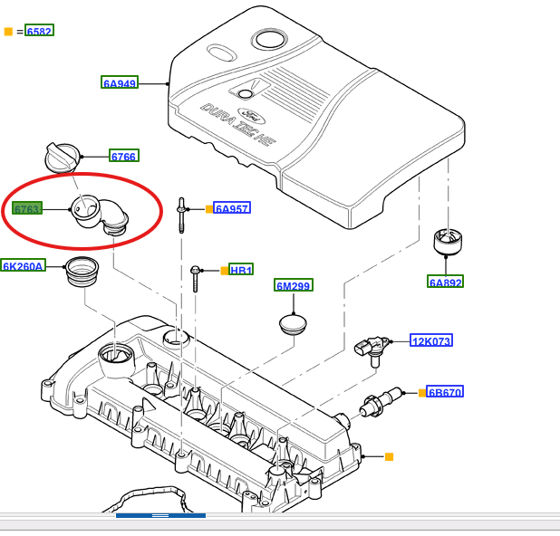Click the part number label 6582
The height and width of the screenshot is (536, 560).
[x=40, y=31]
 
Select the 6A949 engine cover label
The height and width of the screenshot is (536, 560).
[x=119, y=83]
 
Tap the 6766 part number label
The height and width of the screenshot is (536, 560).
[x=123, y=157]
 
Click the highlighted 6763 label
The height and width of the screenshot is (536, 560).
[x=28, y=209]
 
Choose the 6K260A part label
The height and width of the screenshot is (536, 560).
[x=23, y=266]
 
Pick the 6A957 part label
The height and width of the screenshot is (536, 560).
[x=232, y=208]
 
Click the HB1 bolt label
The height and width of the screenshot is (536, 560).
[x=241, y=270]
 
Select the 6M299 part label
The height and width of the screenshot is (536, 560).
[x=294, y=286]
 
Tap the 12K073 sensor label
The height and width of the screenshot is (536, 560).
[x=431, y=340]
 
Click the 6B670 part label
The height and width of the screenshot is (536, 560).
[x=445, y=392]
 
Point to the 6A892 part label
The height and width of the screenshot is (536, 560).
[x=446, y=282]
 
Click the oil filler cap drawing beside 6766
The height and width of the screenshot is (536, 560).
[x=63, y=159]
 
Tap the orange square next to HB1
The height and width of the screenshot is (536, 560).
[x=225, y=270]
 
